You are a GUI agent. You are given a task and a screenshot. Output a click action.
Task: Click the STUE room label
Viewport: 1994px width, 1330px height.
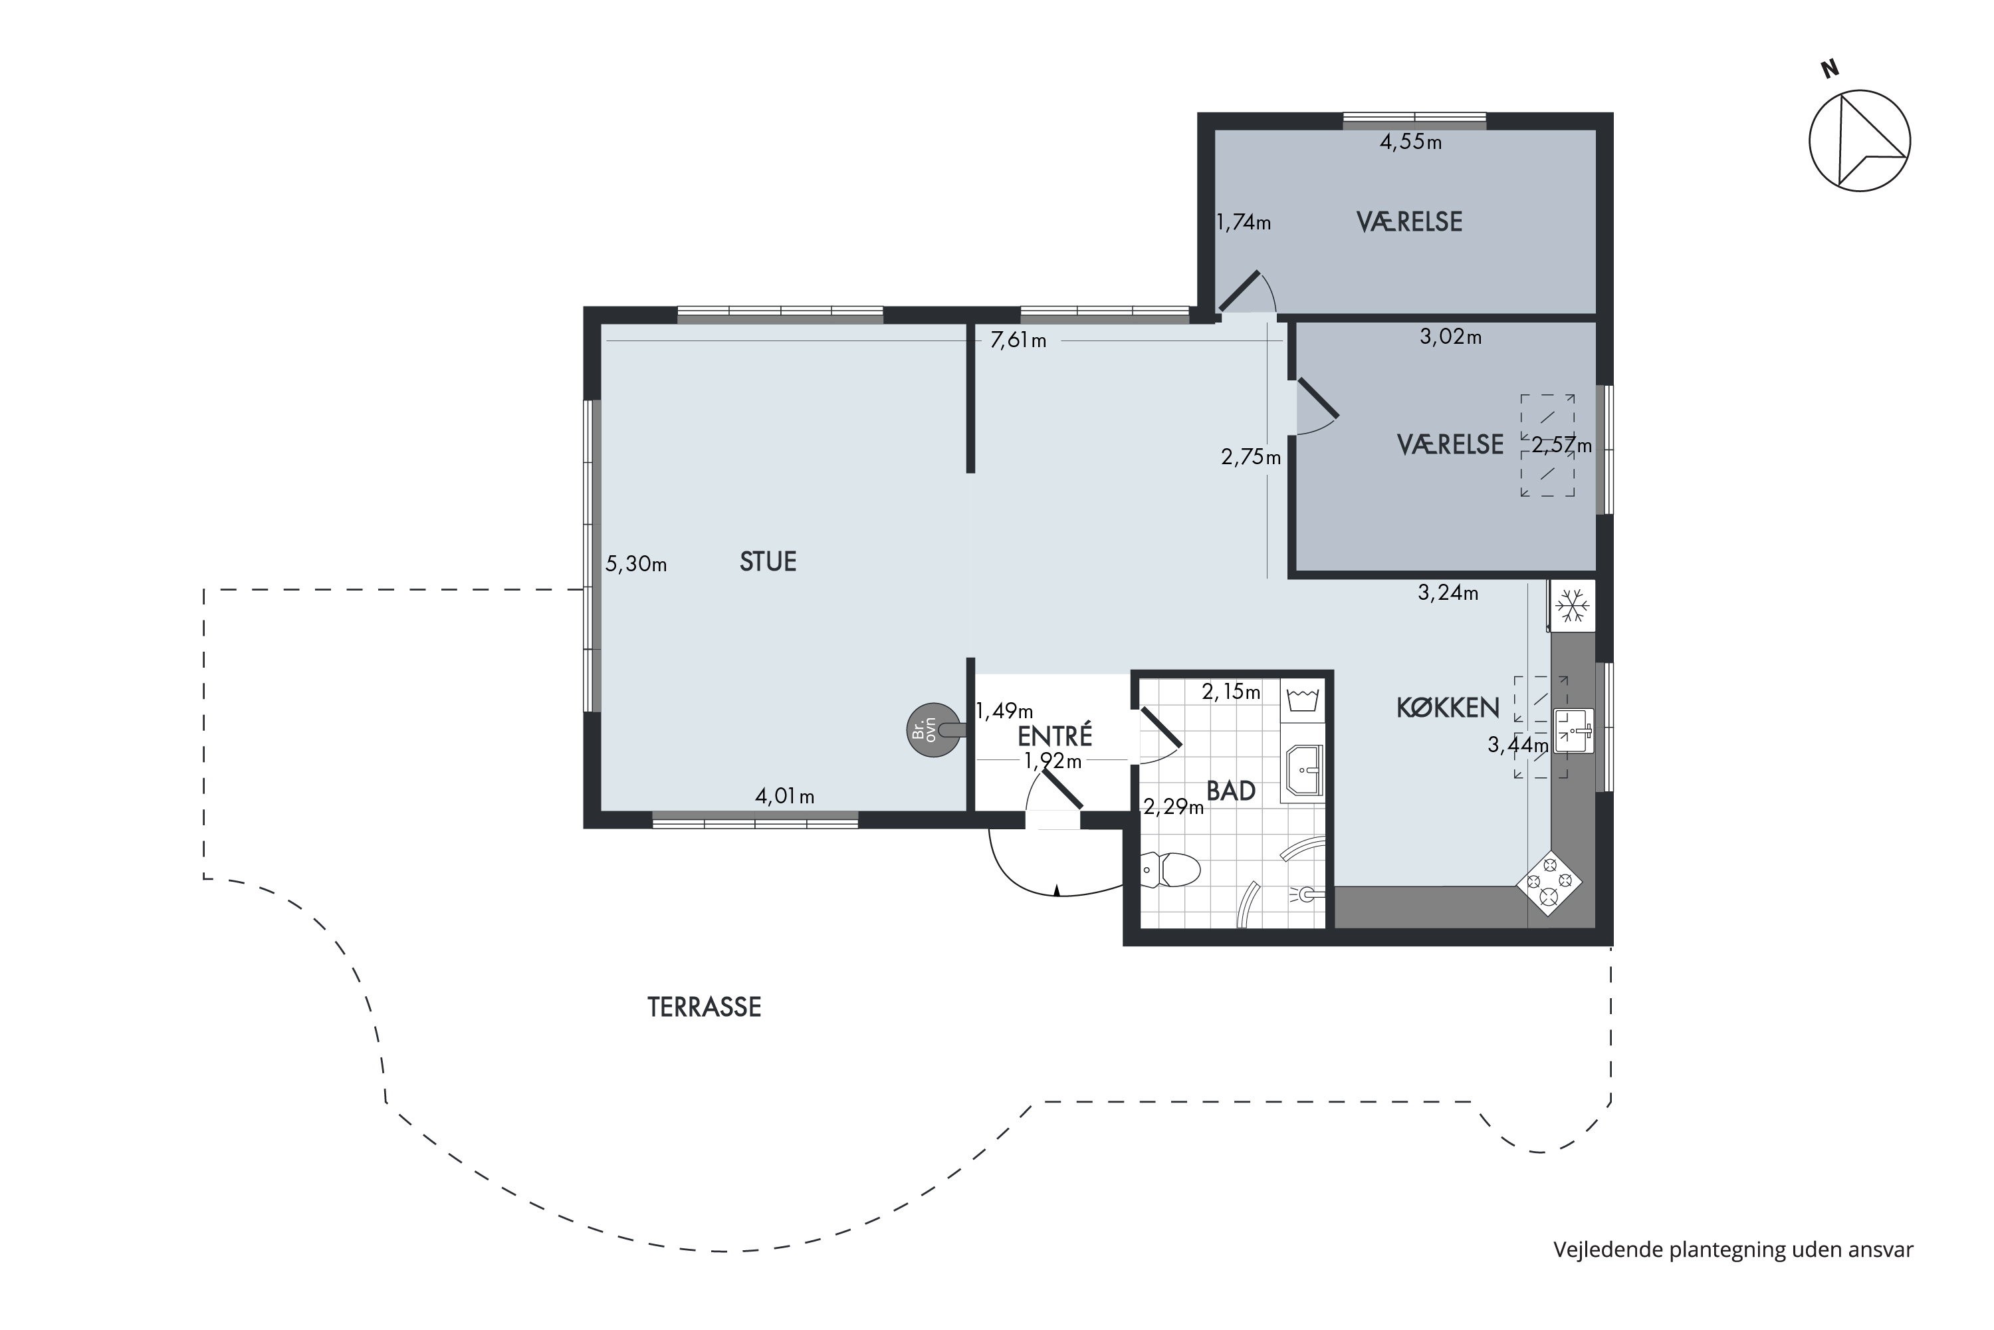tap(768, 561)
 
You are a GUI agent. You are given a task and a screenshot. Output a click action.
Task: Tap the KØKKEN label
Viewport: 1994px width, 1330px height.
tap(1448, 708)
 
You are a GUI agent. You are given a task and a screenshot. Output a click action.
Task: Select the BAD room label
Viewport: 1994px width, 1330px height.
tap(1231, 791)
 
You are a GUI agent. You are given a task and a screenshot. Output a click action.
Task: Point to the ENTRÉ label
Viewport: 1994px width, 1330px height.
tap(1055, 735)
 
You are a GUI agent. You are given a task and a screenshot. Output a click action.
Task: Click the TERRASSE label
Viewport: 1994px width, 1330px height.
tap(705, 1007)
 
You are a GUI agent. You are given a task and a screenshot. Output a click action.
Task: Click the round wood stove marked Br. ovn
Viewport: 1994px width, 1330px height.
tap(935, 730)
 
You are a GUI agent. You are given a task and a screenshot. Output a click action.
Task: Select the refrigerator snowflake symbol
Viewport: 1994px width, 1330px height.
tap(1573, 606)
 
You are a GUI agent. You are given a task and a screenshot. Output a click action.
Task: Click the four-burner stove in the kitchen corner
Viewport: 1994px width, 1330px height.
tap(1549, 883)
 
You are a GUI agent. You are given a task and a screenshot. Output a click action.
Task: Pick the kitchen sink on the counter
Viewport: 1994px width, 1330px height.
tap(1573, 730)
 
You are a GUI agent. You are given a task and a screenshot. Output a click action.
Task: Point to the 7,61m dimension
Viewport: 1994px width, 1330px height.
tap(1018, 341)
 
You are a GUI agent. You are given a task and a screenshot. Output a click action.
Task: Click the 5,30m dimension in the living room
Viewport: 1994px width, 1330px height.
tap(636, 564)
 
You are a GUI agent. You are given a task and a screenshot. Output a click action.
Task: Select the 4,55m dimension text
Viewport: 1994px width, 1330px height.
tap(1410, 142)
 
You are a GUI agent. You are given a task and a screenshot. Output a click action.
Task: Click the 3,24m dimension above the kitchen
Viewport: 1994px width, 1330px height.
tap(1448, 593)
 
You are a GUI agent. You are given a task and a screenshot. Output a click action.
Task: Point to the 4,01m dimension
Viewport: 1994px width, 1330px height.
tap(785, 797)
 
